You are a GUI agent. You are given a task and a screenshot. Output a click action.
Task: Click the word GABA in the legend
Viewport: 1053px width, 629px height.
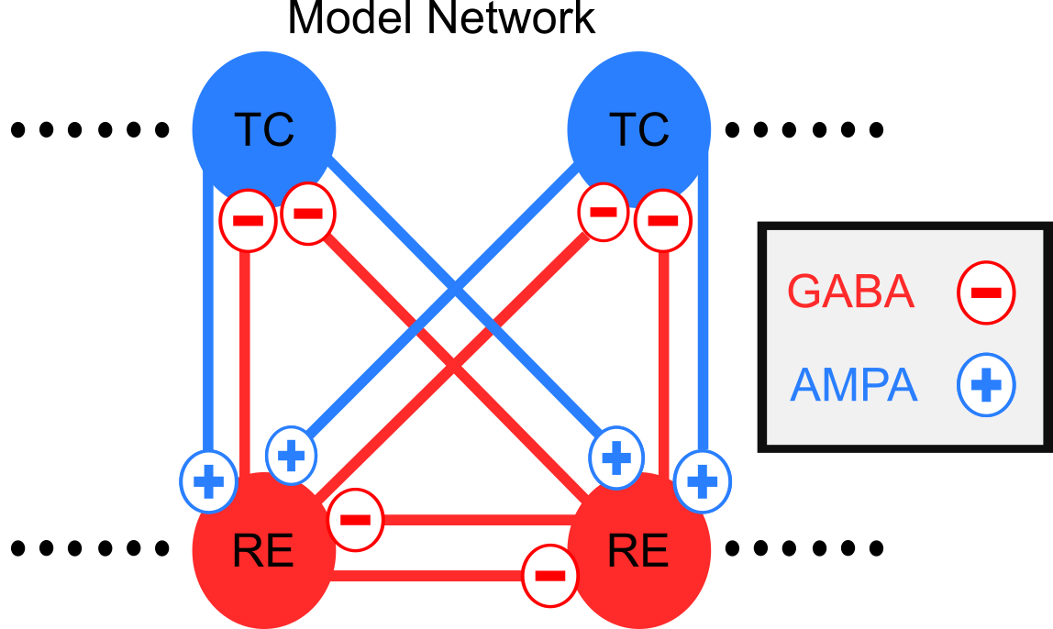[850, 292]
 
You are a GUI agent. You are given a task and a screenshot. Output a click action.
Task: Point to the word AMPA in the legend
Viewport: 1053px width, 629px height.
[853, 386]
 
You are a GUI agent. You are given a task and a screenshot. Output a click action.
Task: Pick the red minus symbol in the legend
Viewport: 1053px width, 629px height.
[985, 292]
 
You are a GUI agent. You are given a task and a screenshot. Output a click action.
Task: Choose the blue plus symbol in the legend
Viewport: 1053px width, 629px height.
[986, 386]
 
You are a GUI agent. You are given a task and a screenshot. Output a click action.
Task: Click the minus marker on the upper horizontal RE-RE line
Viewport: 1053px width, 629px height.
[355, 520]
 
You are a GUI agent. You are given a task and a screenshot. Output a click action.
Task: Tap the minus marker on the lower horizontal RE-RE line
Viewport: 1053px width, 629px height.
[549, 576]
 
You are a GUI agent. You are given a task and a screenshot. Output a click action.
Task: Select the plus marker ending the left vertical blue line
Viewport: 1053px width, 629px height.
[209, 481]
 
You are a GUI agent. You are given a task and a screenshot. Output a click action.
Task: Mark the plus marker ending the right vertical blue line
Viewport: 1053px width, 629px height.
[703, 481]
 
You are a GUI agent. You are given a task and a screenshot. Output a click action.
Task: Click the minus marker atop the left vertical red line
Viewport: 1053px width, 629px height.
[248, 221]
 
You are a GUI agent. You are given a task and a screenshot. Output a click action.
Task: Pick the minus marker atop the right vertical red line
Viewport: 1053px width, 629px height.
[662, 221]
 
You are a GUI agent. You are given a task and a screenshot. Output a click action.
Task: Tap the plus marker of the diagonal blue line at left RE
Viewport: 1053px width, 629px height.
[291, 455]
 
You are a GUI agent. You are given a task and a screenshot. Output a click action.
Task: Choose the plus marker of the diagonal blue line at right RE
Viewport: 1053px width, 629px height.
[615, 456]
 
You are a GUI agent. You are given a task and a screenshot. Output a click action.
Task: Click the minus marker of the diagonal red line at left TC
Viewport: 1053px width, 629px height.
[308, 214]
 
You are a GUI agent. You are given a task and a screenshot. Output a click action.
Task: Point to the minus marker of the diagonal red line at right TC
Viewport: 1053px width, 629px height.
[603, 212]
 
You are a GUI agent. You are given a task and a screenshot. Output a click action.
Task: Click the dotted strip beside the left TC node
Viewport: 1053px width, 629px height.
[86, 130]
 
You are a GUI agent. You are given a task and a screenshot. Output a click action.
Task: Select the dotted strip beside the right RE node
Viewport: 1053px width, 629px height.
[800, 548]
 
